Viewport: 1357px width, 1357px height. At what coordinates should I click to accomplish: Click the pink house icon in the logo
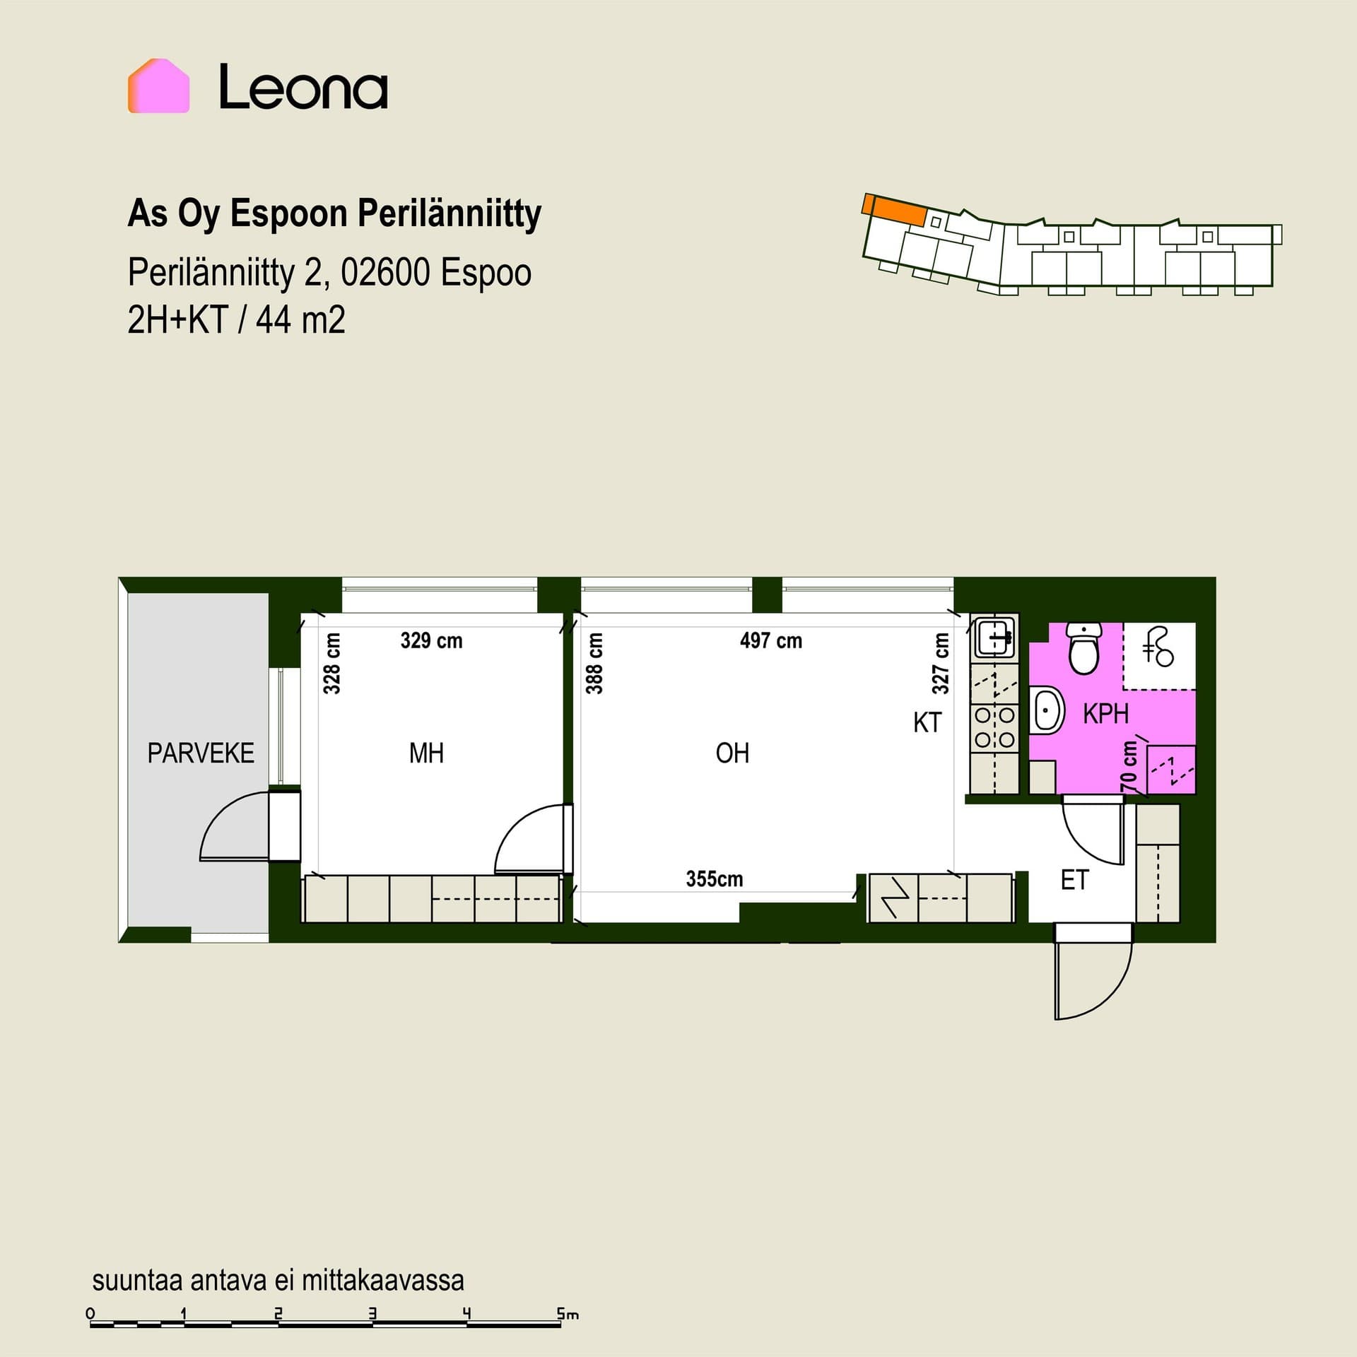pyautogui.click(x=158, y=86)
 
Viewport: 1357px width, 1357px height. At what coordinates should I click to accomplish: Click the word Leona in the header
pyautogui.click(x=303, y=88)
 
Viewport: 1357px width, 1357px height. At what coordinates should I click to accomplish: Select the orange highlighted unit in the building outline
pyautogui.click(x=894, y=209)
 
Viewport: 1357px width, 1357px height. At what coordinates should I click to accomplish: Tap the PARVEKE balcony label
pyautogui.click(x=201, y=753)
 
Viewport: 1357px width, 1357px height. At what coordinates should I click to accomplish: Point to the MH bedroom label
pyautogui.click(x=426, y=753)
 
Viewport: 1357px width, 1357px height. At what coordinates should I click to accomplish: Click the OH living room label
pyautogui.click(x=732, y=753)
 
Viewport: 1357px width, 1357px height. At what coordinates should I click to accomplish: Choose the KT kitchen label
pyautogui.click(x=927, y=722)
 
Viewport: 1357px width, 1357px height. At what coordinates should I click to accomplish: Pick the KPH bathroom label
pyautogui.click(x=1106, y=714)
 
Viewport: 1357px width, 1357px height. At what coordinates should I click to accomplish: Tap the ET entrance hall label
pyautogui.click(x=1074, y=880)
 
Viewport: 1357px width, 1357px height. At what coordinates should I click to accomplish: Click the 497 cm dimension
pyautogui.click(x=771, y=641)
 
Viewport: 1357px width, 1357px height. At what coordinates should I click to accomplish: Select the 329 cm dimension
pyautogui.click(x=431, y=641)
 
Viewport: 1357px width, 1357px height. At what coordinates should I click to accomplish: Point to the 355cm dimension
pyautogui.click(x=715, y=879)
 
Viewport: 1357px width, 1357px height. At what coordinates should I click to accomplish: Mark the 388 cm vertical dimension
pyautogui.click(x=594, y=663)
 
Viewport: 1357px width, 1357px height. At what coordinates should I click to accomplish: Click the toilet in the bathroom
pyautogui.click(x=1083, y=648)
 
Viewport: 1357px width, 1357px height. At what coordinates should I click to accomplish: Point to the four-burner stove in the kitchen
pyautogui.click(x=995, y=727)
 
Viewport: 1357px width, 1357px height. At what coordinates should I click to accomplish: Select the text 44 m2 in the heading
pyautogui.click(x=300, y=320)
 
